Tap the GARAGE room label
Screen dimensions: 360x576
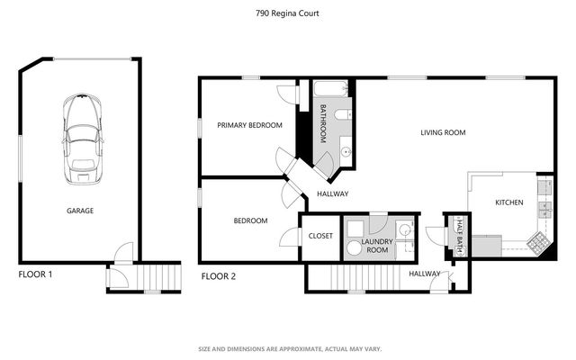click(79, 211)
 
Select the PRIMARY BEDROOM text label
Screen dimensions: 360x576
click(249, 125)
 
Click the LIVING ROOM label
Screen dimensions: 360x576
click(442, 133)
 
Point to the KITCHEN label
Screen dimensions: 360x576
click(508, 203)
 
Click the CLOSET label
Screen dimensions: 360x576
click(320, 236)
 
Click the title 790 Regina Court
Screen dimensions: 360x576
click(287, 13)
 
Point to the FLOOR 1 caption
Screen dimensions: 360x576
click(36, 275)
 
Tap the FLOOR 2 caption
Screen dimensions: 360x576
click(218, 276)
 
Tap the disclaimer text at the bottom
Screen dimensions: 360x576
click(287, 348)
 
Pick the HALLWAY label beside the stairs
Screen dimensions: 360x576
click(425, 274)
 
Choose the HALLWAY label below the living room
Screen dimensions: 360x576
click(333, 193)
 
